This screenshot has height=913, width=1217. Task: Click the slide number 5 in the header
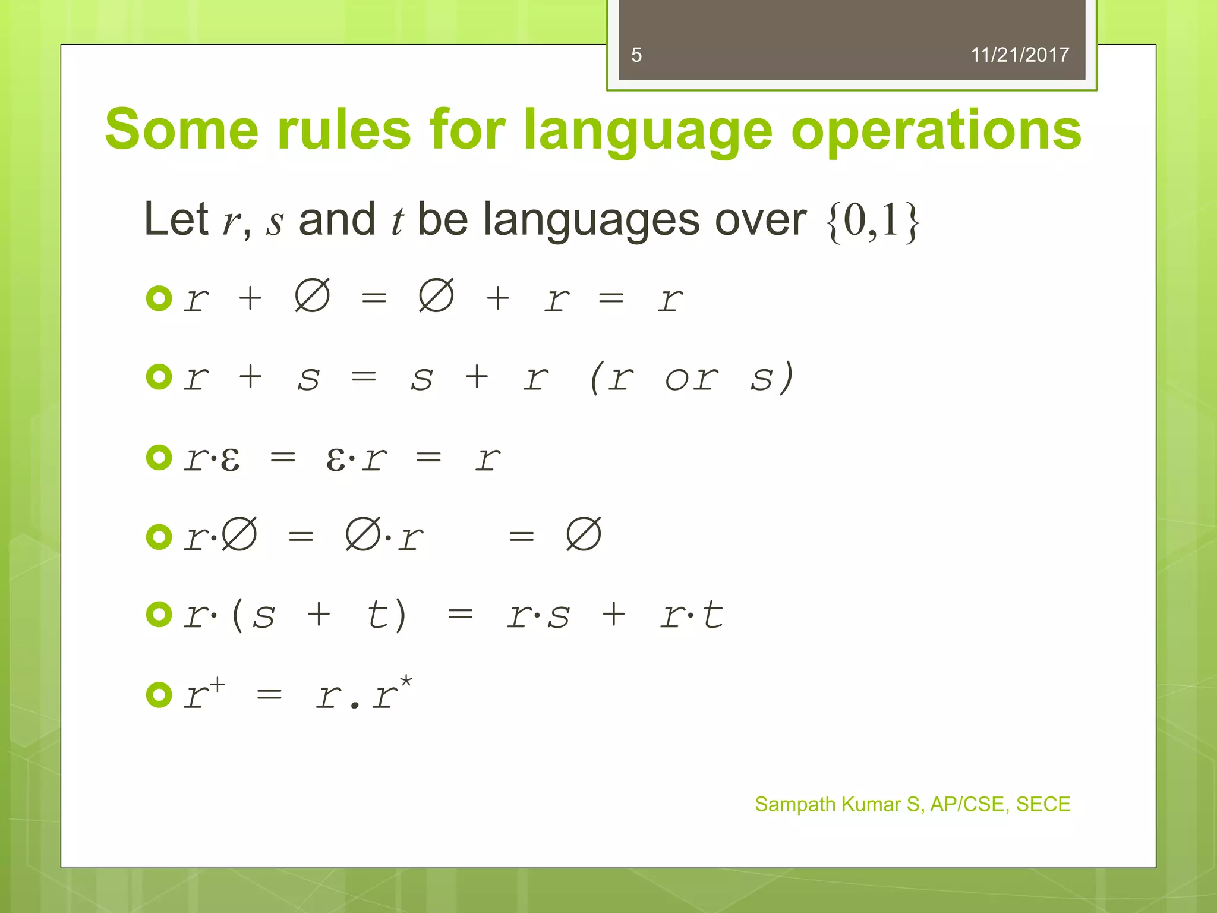636,55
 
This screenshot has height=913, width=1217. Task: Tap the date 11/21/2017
1019,55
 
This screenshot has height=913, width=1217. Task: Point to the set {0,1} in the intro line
872,221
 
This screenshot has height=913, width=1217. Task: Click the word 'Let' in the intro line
176,219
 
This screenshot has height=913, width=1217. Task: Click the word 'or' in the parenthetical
691,378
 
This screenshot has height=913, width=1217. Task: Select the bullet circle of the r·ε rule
159,457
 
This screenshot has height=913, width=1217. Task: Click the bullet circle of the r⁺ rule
159,694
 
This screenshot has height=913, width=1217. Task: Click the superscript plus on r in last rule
217,685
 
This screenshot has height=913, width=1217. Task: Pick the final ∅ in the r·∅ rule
584,534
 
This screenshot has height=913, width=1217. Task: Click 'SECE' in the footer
1043,804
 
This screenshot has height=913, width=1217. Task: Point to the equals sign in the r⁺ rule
269,694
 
